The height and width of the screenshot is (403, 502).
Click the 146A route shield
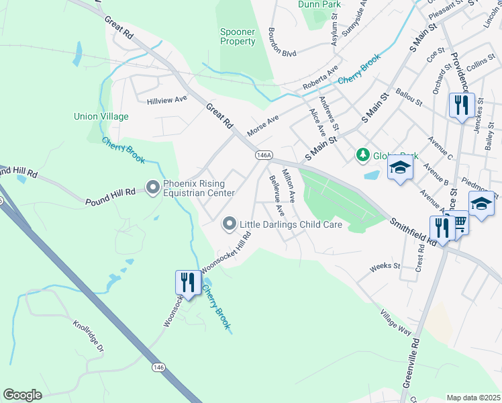click(x=264, y=155)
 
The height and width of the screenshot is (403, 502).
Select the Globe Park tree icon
click(x=363, y=156)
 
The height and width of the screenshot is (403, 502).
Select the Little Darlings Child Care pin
click(x=230, y=225)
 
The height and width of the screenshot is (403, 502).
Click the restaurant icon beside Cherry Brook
click(x=187, y=281)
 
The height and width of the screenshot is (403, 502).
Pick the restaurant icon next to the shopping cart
click(x=441, y=227)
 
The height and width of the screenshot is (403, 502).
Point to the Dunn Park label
click(x=319, y=5)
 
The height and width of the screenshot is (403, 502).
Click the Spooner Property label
click(x=238, y=36)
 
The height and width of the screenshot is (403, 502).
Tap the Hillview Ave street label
click(x=166, y=99)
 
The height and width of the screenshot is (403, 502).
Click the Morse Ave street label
click(x=263, y=123)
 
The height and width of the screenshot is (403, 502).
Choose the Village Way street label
click(x=395, y=322)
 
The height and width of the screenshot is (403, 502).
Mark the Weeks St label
click(x=385, y=266)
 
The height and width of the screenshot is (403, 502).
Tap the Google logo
click(x=23, y=394)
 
